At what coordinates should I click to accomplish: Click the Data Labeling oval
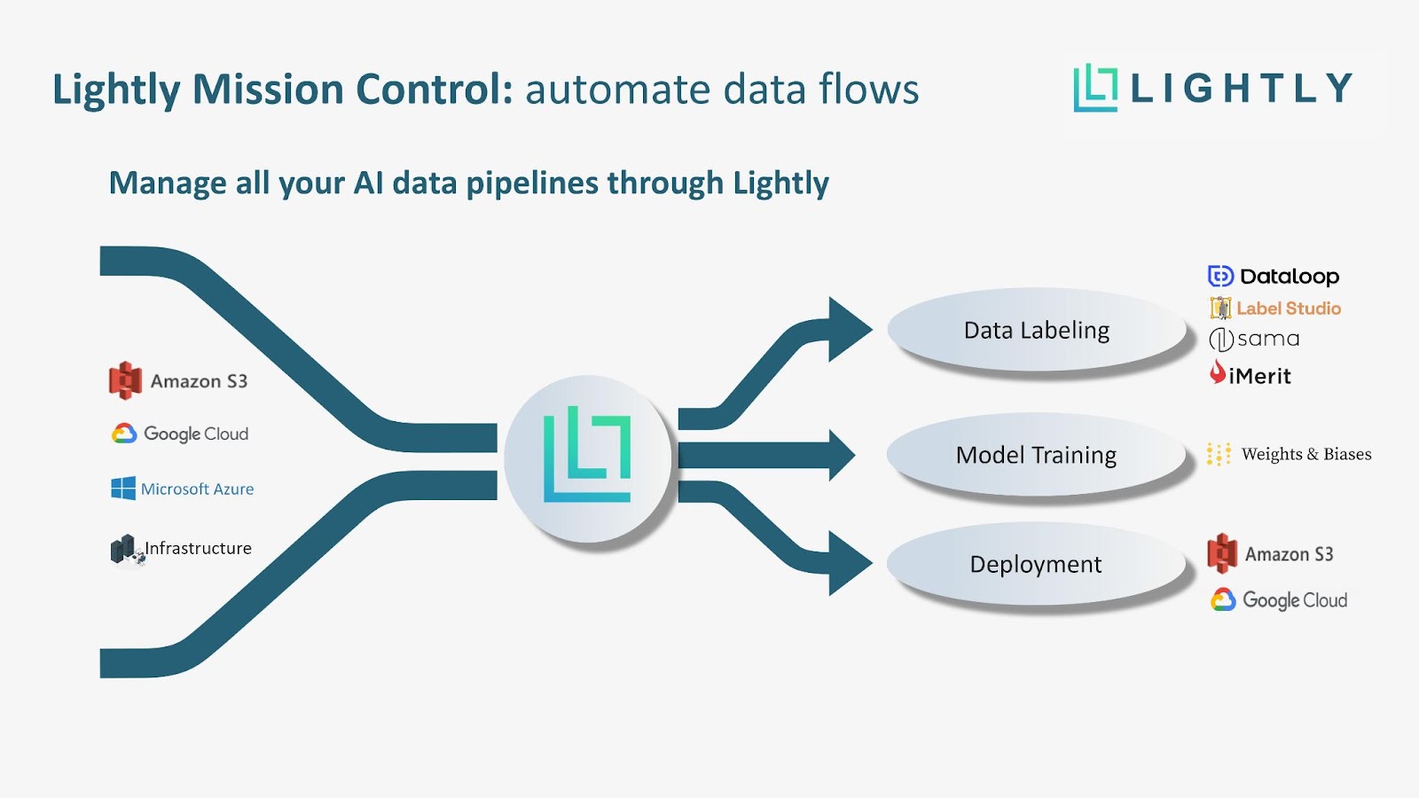point(1036,330)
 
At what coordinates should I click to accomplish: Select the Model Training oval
point(1036,455)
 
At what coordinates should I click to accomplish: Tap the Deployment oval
point(1036,565)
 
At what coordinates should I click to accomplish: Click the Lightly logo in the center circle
point(587,454)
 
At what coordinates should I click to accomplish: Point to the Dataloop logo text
point(1289,277)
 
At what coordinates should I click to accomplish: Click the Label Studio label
point(1288,309)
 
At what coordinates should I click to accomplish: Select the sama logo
point(1255,339)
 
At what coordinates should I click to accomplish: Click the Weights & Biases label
point(1305,454)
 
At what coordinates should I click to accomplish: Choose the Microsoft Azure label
point(197,489)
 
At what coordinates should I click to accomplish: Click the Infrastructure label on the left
point(198,548)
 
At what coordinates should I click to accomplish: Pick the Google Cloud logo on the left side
point(180,434)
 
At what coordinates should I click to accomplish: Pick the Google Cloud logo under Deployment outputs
point(1279,600)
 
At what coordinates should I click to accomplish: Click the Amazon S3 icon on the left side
point(125,380)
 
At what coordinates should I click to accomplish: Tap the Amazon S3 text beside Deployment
point(1289,554)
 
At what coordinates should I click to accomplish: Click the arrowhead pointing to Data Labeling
point(848,330)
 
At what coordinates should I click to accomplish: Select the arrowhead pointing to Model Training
point(840,455)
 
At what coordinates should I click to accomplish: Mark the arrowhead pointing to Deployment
point(848,563)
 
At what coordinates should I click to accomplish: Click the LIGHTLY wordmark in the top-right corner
point(1241,88)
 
